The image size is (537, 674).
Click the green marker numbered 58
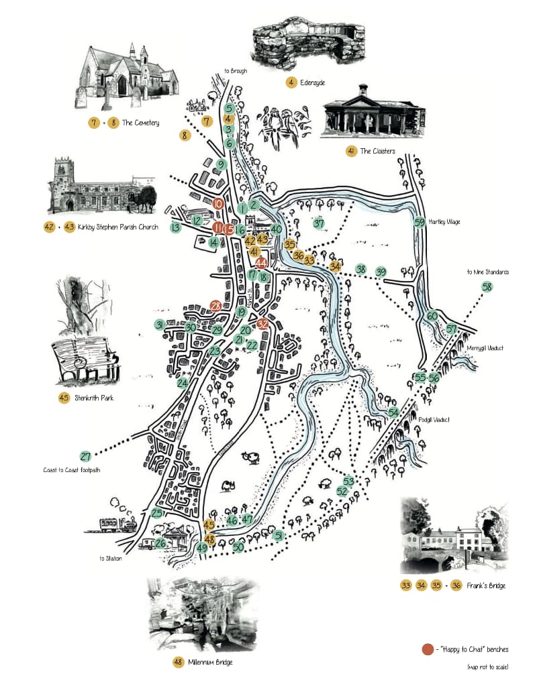(x=487, y=288)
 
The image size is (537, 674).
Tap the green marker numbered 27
(x=86, y=457)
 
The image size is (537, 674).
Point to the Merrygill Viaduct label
(x=485, y=348)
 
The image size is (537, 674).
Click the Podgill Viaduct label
(x=437, y=419)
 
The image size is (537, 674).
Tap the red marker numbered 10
(x=218, y=203)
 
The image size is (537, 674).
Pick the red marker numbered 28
(x=215, y=306)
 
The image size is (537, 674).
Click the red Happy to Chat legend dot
(x=428, y=649)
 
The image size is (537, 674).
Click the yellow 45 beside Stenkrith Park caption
(x=64, y=398)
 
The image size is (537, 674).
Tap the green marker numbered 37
(x=319, y=223)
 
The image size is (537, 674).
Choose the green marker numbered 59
(x=420, y=223)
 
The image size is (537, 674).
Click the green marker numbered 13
(x=176, y=228)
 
